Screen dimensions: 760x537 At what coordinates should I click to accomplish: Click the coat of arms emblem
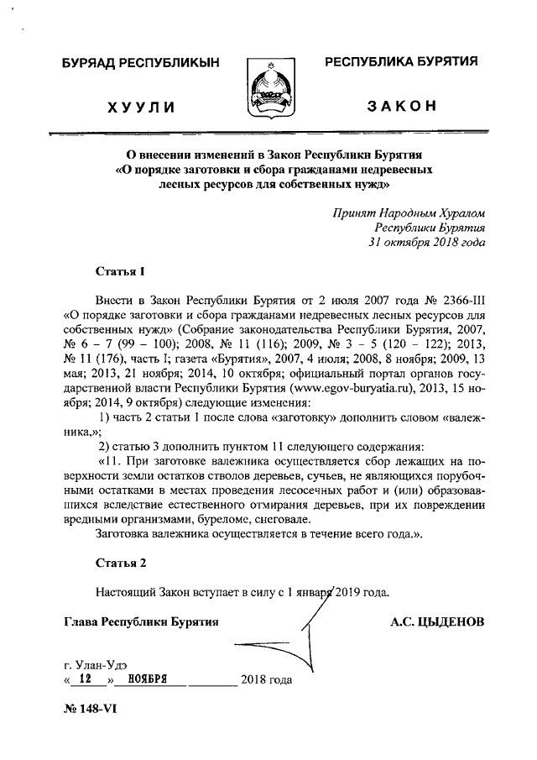(x=268, y=88)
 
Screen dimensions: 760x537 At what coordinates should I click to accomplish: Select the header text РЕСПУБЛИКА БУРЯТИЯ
(x=401, y=61)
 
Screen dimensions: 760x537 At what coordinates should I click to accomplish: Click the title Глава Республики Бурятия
(x=140, y=622)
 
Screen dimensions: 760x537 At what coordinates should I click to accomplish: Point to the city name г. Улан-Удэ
(x=95, y=663)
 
